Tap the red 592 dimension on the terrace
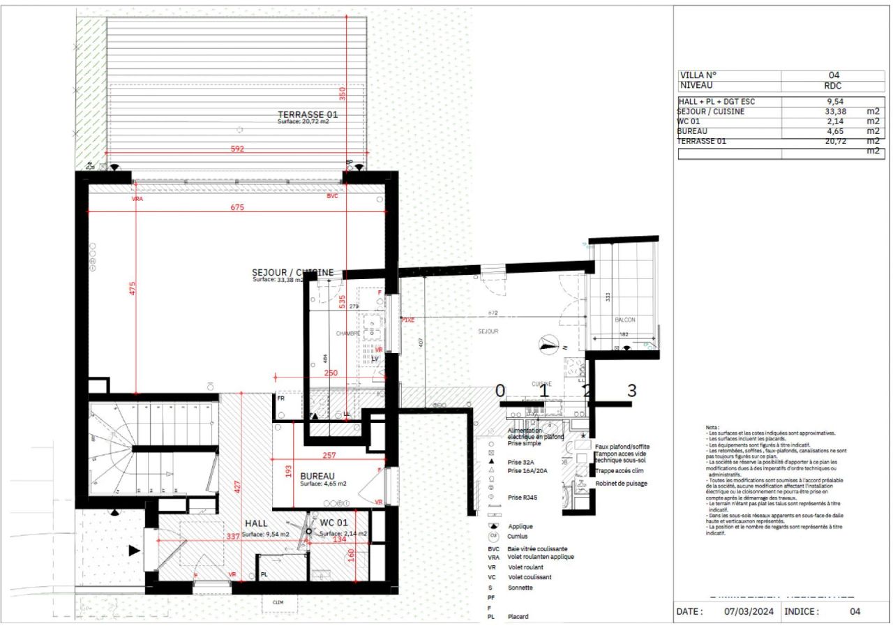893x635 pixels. coord(238,148)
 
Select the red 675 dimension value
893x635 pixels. coord(238,207)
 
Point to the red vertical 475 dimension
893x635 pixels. coord(131,288)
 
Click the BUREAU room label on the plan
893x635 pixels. coord(317,476)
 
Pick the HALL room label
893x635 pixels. coord(256,523)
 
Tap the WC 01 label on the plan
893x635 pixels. coord(333,523)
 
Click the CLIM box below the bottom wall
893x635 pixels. coord(278,603)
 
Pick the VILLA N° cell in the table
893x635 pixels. coord(698,75)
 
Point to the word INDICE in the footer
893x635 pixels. coord(801,612)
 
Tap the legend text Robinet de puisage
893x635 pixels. coord(621,483)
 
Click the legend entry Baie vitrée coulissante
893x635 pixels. coord(538,549)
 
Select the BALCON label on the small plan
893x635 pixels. coord(624,320)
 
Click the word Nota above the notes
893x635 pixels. coord(712,426)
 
